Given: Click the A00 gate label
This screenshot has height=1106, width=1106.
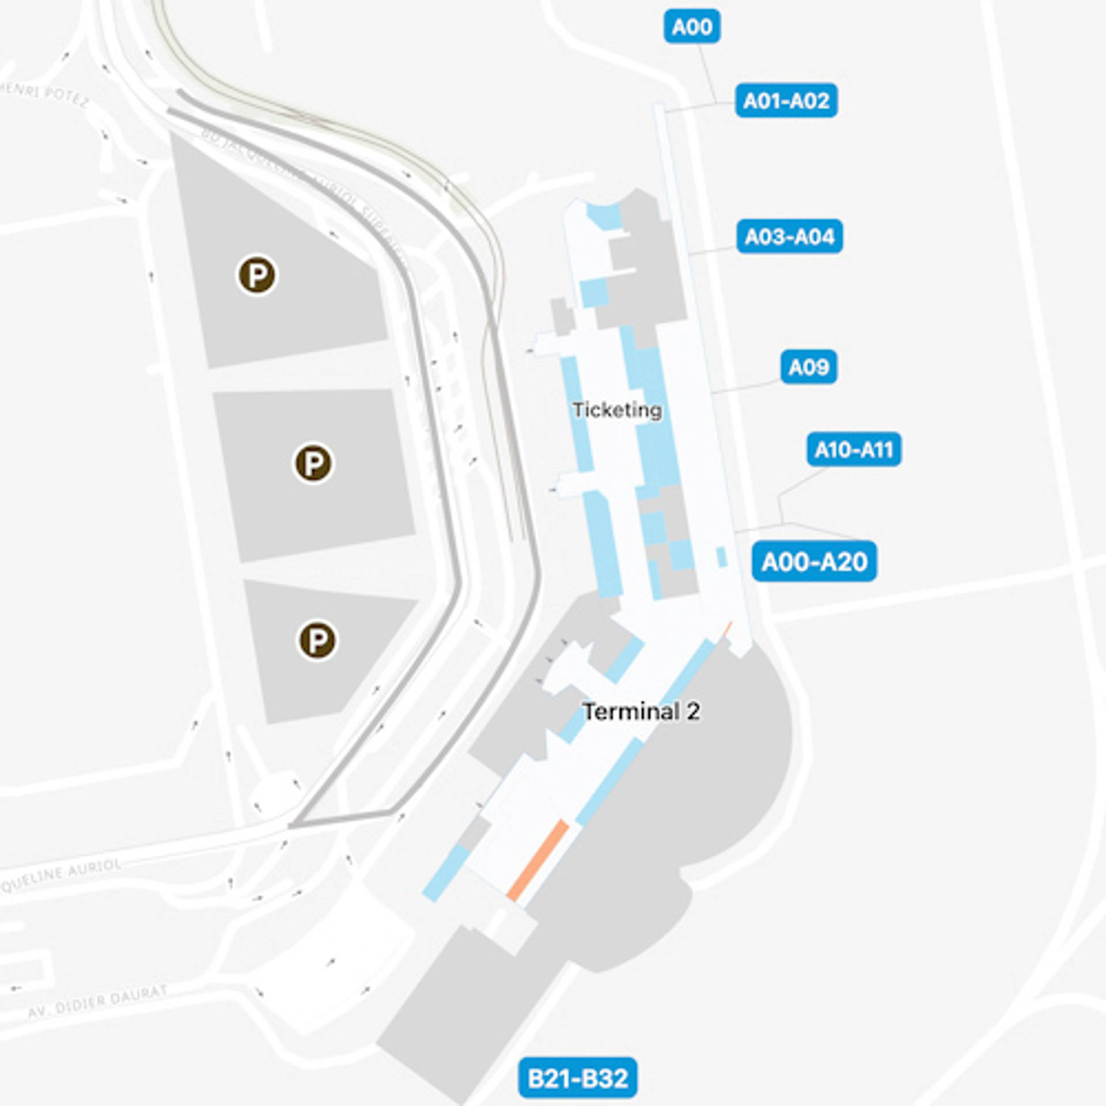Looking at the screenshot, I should (692, 26).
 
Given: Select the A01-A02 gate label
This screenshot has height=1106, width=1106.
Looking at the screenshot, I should (786, 101).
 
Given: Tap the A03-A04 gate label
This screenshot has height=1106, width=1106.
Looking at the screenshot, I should (789, 236).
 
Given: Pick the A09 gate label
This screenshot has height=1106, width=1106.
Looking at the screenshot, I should (809, 367).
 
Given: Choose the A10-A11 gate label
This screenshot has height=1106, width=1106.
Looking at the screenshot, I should (854, 449).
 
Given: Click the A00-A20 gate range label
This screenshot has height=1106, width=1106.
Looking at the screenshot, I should (814, 562).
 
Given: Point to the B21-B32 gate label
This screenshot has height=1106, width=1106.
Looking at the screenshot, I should (578, 1078).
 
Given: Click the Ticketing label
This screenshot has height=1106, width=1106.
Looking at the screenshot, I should (617, 410).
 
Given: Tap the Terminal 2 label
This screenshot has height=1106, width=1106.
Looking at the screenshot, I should (642, 712).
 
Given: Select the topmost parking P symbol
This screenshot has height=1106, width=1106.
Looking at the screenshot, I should (257, 275).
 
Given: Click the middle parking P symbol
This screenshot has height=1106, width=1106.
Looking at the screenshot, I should (313, 463).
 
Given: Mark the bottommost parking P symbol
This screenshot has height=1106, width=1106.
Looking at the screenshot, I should (317, 640).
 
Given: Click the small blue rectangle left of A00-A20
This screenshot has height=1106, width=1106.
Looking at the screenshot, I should (721, 557).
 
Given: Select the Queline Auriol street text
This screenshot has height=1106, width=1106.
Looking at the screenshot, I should (61, 876).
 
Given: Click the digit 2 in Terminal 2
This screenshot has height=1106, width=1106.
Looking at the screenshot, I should (693, 712).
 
